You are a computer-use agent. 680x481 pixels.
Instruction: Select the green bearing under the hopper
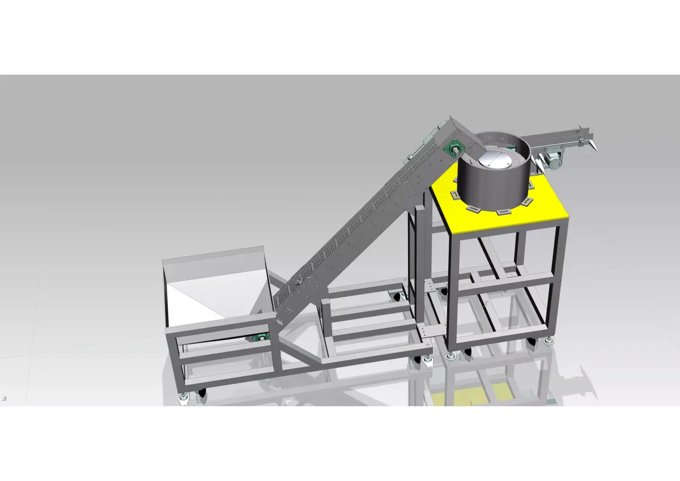click(262, 337)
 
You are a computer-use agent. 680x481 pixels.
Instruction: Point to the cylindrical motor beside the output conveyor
click(553, 162)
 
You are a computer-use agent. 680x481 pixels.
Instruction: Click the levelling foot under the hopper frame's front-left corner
click(184, 399)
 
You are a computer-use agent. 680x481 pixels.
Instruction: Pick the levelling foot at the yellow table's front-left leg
click(450, 356)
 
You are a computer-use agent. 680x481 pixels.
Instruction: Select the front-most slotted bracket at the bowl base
click(501, 212)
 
